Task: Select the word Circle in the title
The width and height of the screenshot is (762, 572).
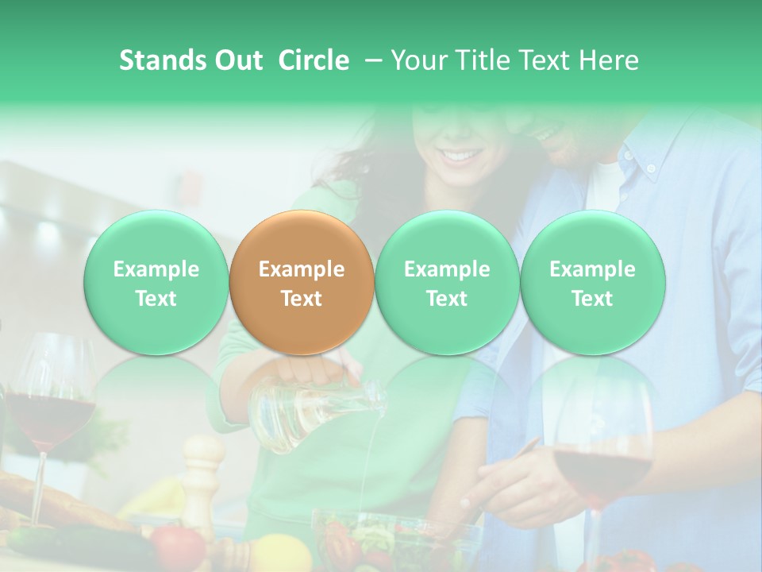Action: [314, 60]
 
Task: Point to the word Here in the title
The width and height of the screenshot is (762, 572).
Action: [606, 60]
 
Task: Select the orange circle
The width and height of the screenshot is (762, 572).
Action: [302, 282]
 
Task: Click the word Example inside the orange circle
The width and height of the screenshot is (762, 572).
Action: [302, 269]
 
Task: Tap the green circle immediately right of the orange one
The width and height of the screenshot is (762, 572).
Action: [447, 282]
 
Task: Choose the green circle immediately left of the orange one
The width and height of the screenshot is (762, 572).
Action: [156, 282]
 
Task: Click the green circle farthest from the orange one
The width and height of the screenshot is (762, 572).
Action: [593, 282]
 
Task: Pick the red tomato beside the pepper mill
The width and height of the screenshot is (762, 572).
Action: [178, 547]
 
